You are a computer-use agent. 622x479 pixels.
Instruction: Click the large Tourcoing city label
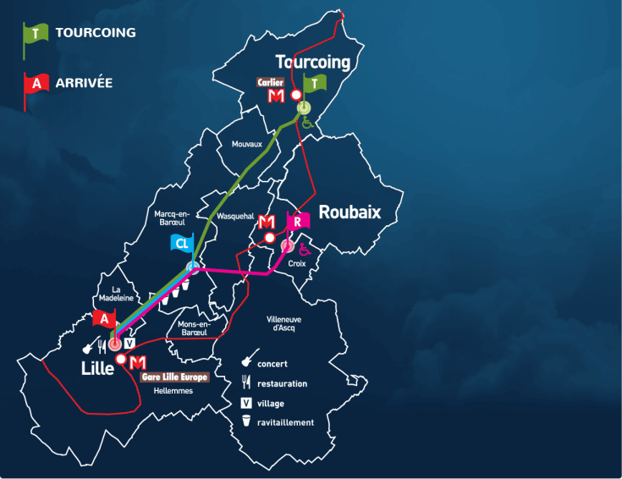tap(312, 62)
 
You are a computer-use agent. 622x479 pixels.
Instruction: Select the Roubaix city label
tap(349, 212)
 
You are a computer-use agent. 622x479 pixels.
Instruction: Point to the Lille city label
tap(97, 368)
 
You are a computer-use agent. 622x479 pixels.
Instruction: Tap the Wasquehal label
tap(236, 217)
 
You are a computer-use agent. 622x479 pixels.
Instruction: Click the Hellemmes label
tap(173, 391)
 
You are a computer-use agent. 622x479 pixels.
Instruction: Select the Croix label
tap(295, 263)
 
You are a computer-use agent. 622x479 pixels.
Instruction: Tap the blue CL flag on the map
tap(182, 244)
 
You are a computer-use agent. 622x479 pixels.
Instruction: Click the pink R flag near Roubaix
tap(299, 222)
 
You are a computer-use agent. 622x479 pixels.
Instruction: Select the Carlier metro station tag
tap(271, 82)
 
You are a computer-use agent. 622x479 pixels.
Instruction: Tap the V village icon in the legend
tap(246, 403)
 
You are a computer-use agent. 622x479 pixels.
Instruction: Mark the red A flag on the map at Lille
tap(104, 320)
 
